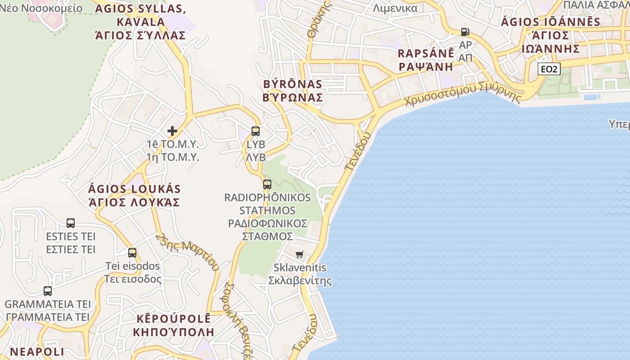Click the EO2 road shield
[549, 69]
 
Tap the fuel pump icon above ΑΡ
[465, 32]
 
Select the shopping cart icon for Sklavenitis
[300, 254]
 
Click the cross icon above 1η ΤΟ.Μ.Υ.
[172, 131]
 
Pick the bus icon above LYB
[256, 131]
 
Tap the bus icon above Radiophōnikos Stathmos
[267, 184]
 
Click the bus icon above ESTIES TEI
[71, 223]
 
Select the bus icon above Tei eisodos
[132, 252]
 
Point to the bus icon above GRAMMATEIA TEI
[48, 291]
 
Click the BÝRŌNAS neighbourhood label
[293, 84]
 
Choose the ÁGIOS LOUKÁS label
[134, 189]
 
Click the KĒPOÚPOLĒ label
[173, 319]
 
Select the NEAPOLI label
[37, 351]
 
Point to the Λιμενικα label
[395, 8]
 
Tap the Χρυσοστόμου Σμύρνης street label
[463, 94]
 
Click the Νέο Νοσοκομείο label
[41, 8]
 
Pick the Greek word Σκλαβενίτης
[300, 281]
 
